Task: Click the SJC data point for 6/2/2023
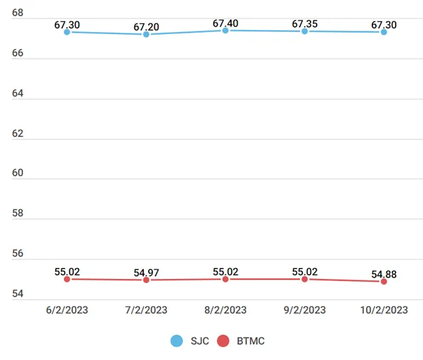pyautogui.click(x=67, y=32)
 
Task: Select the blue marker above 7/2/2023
pyautogui.click(x=146, y=34)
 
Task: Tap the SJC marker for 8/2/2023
pyautogui.click(x=225, y=30)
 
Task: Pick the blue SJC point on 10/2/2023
pyautogui.click(x=383, y=32)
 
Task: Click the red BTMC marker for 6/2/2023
pyautogui.click(x=67, y=279)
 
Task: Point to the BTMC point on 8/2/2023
pyautogui.click(x=225, y=279)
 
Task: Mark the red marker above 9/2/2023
pyautogui.click(x=304, y=279)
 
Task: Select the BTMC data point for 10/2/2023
pyautogui.click(x=383, y=282)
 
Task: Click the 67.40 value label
pyautogui.click(x=225, y=24)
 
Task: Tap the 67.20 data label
pyautogui.click(x=146, y=27)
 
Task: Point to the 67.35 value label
pyautogui.click(x=304, y=25)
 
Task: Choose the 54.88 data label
pyautogui.click(x=383, y=275)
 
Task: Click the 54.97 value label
pyautogui.click(x=146, y=273)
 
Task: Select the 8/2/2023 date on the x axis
pyautogui.click(x=225, y=310)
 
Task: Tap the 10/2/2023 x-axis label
pyautogui.click(x=383, y=310)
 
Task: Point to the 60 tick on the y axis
pyautogui.click(x=18, y=173)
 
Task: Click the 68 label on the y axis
pyautogui.click(x=18, y=13)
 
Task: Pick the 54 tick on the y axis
pyautogui.click(x=18, y=294)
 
